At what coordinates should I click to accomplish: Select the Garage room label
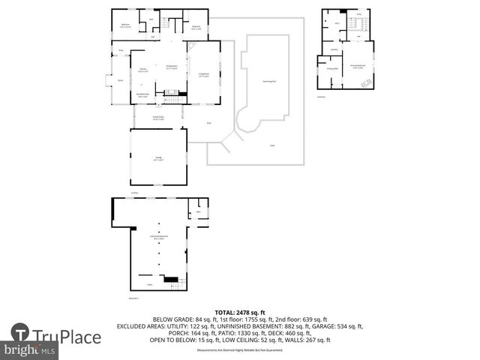(x=158, y=157)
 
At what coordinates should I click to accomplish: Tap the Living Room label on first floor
(x=203, y=74)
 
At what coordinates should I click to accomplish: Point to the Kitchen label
(x=142, y=70)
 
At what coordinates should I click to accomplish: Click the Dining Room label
(x=171, y=67)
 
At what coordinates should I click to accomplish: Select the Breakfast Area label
(x=142, y=94)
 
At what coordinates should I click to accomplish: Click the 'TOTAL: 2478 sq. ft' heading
(x=240, y=312)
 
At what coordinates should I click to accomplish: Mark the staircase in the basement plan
(x=172, y=280)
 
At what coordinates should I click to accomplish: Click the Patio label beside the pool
(x=272, y=145)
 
